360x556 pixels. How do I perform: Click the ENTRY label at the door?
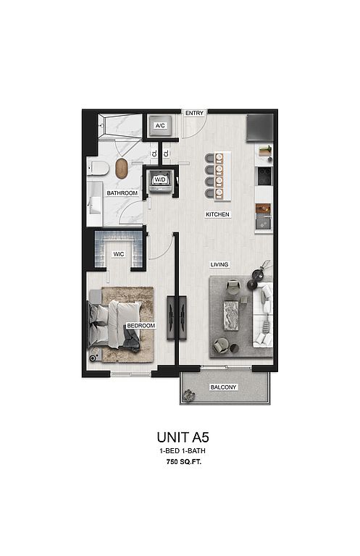194,113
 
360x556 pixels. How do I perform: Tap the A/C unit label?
160,125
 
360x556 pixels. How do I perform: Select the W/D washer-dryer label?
160,180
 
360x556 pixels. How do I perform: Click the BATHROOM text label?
122,193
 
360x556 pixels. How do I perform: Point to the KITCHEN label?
218,214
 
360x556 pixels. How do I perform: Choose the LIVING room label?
219,264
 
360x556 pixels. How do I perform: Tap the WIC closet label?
119,254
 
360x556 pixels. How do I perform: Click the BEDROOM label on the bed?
141,326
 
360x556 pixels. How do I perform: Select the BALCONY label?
223,387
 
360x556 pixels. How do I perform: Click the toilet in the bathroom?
98,168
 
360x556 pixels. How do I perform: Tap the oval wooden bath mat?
122,169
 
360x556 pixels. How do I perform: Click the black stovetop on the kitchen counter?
264,176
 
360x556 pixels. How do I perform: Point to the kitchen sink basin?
264,223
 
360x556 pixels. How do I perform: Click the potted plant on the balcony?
189,395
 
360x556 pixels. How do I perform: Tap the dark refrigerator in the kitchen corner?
259,127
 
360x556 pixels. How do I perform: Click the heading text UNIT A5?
183,437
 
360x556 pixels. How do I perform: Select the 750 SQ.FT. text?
184,462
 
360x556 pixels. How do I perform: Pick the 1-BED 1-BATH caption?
183,451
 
